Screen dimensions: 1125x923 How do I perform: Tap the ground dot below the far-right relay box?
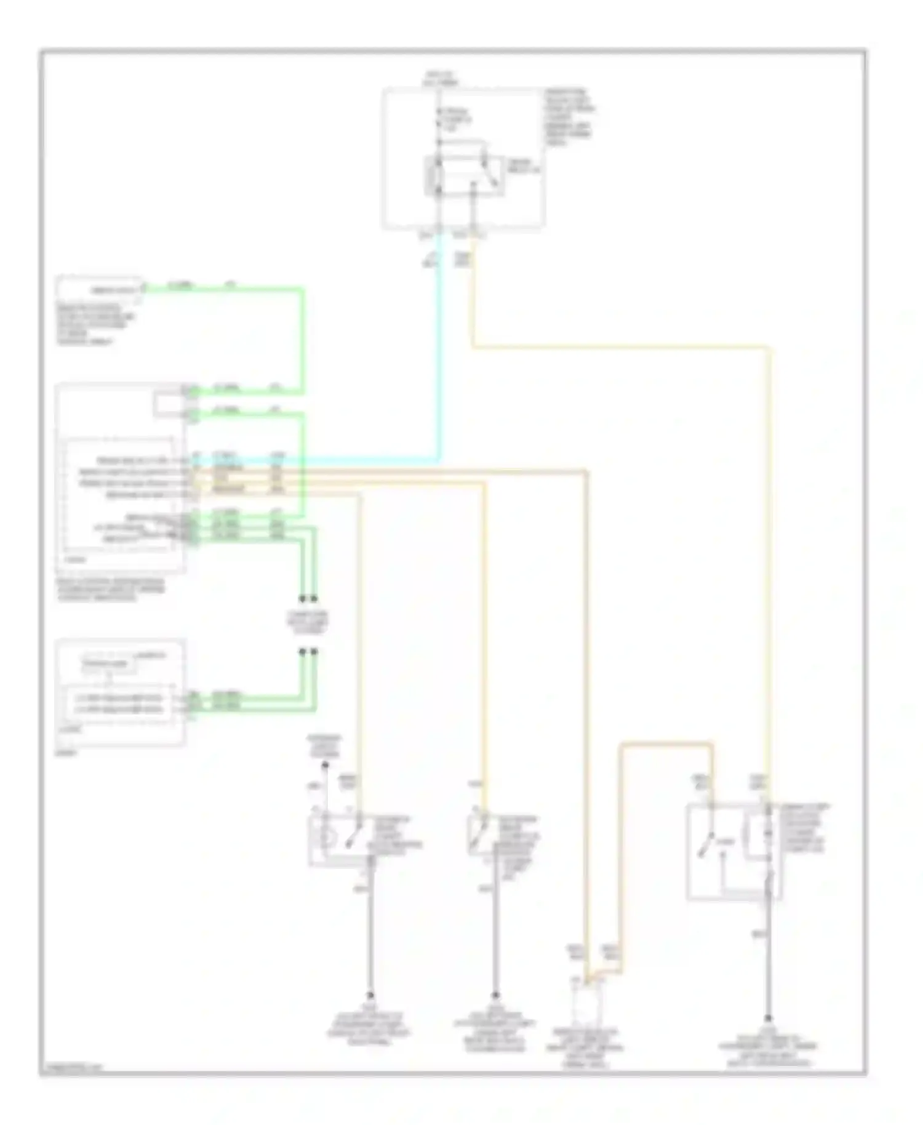click(x=768, y=1019)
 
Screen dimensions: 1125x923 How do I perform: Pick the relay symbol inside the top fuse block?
click(x=465, y=175)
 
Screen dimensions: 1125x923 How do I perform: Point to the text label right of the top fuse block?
click(x=569, y=117)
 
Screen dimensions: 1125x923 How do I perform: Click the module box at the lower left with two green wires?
click(x=120, y=692)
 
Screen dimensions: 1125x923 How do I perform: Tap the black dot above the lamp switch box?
click(x=326, y=765)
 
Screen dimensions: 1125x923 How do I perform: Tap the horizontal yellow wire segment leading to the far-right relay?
click(x=621, y=348)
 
